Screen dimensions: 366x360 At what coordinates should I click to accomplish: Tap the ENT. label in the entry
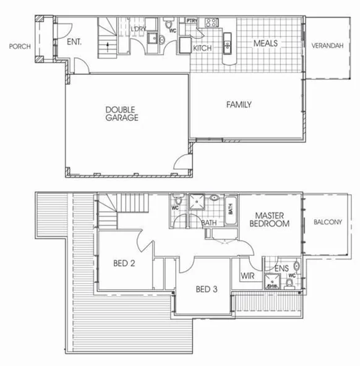75,43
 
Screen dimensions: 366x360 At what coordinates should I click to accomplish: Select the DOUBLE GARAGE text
121,113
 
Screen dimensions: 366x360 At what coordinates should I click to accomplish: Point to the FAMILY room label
238,105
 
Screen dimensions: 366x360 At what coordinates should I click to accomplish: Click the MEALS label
265,43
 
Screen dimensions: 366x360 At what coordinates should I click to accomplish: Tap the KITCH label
202,48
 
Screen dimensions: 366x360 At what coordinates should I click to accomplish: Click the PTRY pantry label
191,20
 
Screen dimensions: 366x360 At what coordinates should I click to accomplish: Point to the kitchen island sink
227,45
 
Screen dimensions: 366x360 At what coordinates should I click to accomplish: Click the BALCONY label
327,222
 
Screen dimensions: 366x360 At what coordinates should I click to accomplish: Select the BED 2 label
124,263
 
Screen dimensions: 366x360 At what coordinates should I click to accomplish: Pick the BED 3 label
207,289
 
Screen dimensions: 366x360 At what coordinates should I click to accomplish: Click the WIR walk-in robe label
248,275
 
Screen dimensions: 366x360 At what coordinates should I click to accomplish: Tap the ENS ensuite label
281,268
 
